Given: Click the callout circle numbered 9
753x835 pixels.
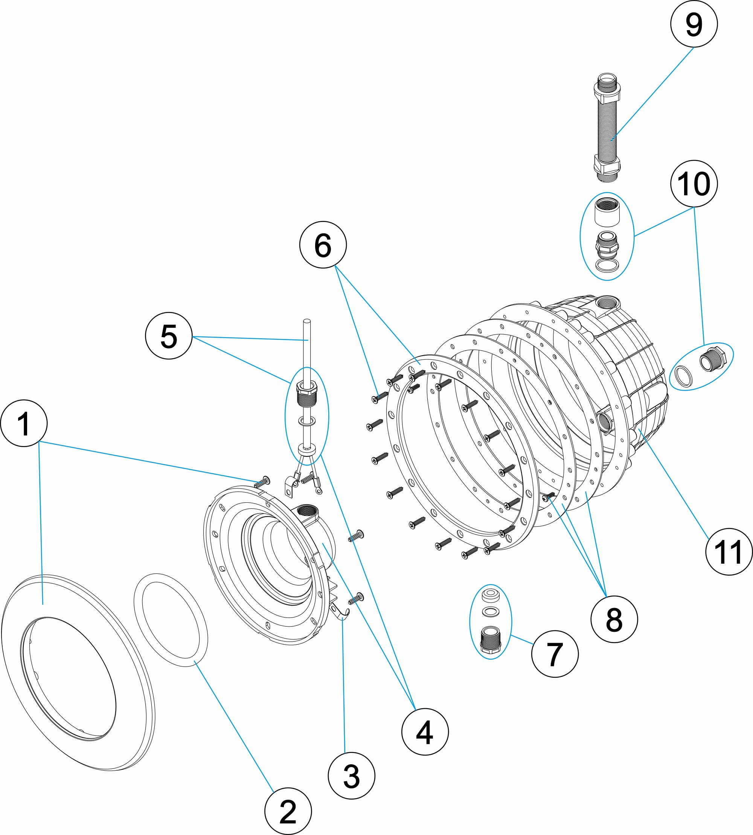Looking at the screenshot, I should (694, 24).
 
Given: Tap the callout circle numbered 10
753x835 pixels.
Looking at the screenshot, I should (694, 184).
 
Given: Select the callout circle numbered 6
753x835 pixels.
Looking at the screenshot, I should (323, 245).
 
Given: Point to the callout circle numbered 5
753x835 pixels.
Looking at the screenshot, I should (169, 335).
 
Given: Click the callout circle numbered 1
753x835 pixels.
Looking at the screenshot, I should (24, 423).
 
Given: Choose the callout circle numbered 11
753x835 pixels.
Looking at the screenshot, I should (729, 552).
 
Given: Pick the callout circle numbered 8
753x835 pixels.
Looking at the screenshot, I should (614, 619).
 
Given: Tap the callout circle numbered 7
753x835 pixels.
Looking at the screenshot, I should (555, 654).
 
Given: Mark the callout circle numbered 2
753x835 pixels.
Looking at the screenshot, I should (288, 811).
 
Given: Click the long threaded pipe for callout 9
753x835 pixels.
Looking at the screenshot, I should (607, 128).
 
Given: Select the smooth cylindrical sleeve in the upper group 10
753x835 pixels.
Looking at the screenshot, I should (607, 212).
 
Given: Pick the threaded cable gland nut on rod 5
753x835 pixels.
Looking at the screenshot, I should (306, 394).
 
